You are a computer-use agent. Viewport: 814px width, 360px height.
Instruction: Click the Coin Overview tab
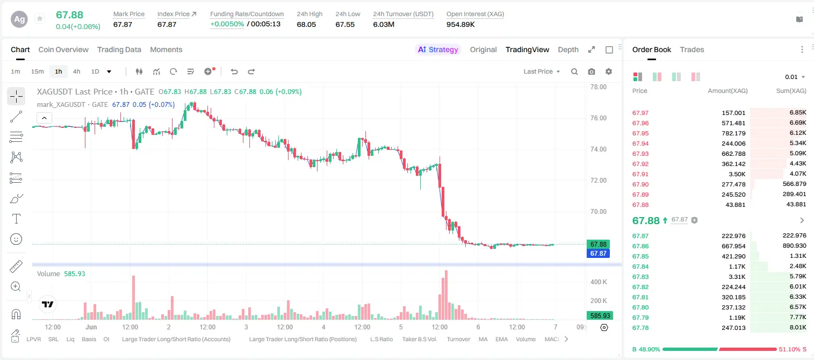[x=63, y=49]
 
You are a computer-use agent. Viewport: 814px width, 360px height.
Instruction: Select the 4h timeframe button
[x=76, y=71]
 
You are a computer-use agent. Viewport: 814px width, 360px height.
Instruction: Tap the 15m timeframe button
[x=38, y=71]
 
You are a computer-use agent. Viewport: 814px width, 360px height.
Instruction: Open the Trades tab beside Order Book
[x=692, y=49]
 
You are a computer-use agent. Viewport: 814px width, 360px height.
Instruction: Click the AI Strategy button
[x=438, y=49]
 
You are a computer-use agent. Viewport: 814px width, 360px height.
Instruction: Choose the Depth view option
[x=568, y=49]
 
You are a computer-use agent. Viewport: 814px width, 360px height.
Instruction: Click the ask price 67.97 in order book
[x=640, y=113]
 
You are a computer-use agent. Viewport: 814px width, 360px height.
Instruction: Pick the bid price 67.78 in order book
[x=640, y=328]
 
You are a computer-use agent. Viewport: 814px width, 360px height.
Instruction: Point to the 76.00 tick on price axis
[x=599, y=118]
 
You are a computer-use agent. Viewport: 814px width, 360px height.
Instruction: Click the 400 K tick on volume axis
[x=599, y=282]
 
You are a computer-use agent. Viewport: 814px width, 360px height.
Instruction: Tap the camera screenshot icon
[x=592, y=71]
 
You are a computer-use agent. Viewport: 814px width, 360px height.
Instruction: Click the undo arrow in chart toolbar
[x=234, y=71]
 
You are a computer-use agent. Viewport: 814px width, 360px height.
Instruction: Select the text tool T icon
[x=16, y=219]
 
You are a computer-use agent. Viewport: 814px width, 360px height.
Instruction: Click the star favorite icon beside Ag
[x=40, y=18]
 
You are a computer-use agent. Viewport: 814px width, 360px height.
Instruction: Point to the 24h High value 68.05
[x=306, y=24]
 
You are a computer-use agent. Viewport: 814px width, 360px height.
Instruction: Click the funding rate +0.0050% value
[x=227, y=24]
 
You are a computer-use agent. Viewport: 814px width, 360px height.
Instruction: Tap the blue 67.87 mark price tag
[x=598, y=253]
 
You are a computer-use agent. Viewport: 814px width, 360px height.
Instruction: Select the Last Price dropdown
[x=542, y=71]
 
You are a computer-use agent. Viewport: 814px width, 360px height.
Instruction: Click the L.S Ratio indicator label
[x=381, y=339]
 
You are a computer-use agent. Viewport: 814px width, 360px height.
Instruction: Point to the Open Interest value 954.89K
[x=460, y=24]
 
